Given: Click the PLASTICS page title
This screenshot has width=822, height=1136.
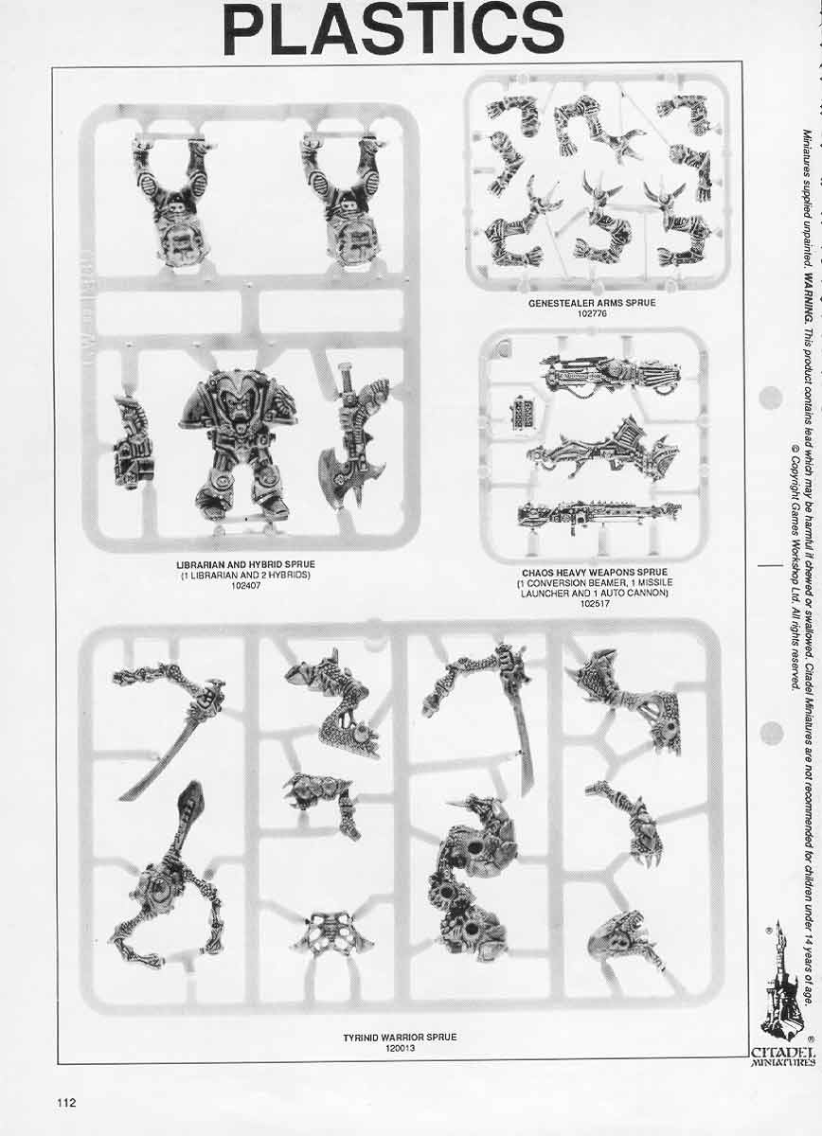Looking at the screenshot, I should coord(393,29).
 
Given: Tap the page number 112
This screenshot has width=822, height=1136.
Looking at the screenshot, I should coord(65,1076).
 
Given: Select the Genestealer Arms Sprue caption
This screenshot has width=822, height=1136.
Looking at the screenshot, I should coord(592,303).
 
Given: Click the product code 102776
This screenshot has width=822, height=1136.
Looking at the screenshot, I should coord(592,313).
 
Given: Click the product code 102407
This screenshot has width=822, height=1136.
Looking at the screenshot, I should coord(245,585).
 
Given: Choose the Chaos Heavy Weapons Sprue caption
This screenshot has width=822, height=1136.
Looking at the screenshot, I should coord(594,573).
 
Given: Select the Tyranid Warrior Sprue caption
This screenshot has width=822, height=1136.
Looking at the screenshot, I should coord(400,1011).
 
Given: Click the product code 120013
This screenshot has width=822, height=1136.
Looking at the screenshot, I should coord(400,1021).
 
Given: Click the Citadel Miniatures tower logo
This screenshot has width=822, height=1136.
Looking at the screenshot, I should coord(782,985).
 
